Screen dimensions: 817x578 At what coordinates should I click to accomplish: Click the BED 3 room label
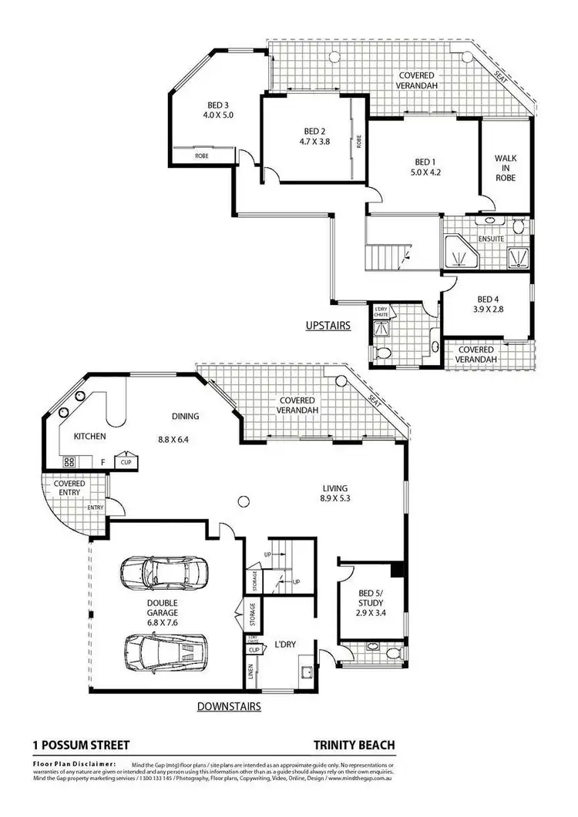point(217,105)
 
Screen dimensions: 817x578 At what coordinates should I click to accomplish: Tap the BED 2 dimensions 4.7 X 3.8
point(314,141)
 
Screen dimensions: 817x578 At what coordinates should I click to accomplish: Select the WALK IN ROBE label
point(505,168)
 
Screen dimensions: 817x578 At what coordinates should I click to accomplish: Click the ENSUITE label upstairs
point(490,239)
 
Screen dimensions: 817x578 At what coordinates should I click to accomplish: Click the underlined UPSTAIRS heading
point(328,326)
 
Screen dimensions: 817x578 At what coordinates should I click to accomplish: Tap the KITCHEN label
point(89,437)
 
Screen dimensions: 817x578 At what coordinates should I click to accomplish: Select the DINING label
point(185,416)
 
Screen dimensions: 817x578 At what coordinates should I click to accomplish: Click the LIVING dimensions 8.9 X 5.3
point(335,499)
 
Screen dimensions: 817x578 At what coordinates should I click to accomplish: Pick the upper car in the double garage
point(163,571)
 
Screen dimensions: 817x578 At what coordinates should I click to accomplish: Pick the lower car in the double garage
point(164,651)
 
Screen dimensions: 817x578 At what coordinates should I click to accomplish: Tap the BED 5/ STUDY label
point(371,598)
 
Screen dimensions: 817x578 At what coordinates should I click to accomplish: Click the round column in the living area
point(243,501)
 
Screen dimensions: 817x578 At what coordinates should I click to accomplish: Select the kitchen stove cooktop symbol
point(68,462)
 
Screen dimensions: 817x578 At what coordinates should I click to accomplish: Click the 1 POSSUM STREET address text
point(81,745)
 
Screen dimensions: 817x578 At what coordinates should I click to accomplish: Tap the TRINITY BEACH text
point(354,745)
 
